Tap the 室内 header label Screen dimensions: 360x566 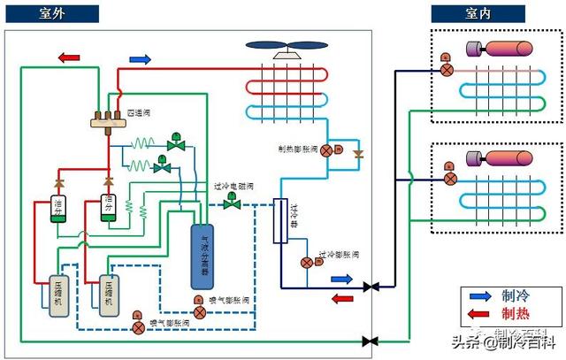point(478,13)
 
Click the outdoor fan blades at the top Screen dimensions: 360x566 point(287,46)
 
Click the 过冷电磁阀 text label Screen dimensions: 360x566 point(234,187)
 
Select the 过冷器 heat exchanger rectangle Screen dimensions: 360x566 point(281,220)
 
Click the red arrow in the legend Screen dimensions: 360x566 point(478,313)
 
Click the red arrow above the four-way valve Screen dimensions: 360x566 point(69,58)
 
